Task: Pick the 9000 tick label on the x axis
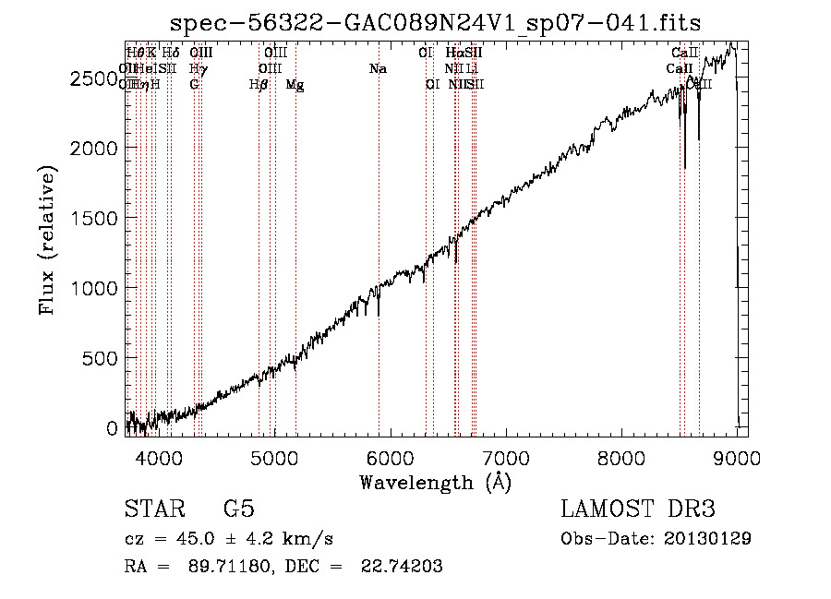pyautogui.click(x=737, y=458)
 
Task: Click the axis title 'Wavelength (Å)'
pyautogui.click(x=435, y=482)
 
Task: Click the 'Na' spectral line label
pyautogui.click(x=378, y=68)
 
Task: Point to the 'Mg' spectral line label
pyautogui.click(x=295, y=85)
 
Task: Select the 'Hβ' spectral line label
pyautogui.click(x=259, y=85)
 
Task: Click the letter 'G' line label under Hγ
pyautogui.click(x=194, y=84)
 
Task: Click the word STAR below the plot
pyautogui.click(x=151, y=510)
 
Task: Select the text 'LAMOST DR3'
pyautogui.click(x=637, y=510)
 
